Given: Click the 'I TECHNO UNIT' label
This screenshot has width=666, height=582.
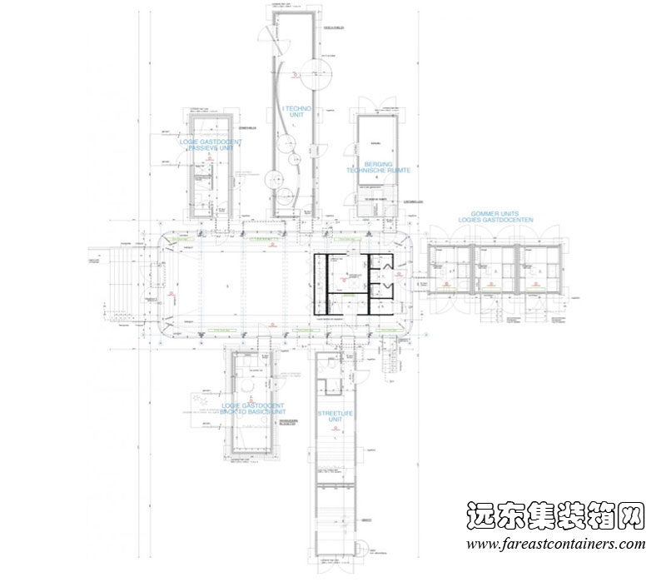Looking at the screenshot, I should (x=296, y=111).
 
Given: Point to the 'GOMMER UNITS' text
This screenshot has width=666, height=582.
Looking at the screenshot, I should (x=494, y=214).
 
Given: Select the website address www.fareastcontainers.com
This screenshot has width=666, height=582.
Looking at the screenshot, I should (x=555, y=545).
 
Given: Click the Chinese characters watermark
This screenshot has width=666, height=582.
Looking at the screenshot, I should (x=555, y=516).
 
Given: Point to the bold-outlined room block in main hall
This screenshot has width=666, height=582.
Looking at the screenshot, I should (x=353, y=284).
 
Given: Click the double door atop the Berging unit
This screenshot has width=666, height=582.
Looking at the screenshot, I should (x=378, y=106).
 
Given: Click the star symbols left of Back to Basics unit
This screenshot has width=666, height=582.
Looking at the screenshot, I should (x=201, y=403).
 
